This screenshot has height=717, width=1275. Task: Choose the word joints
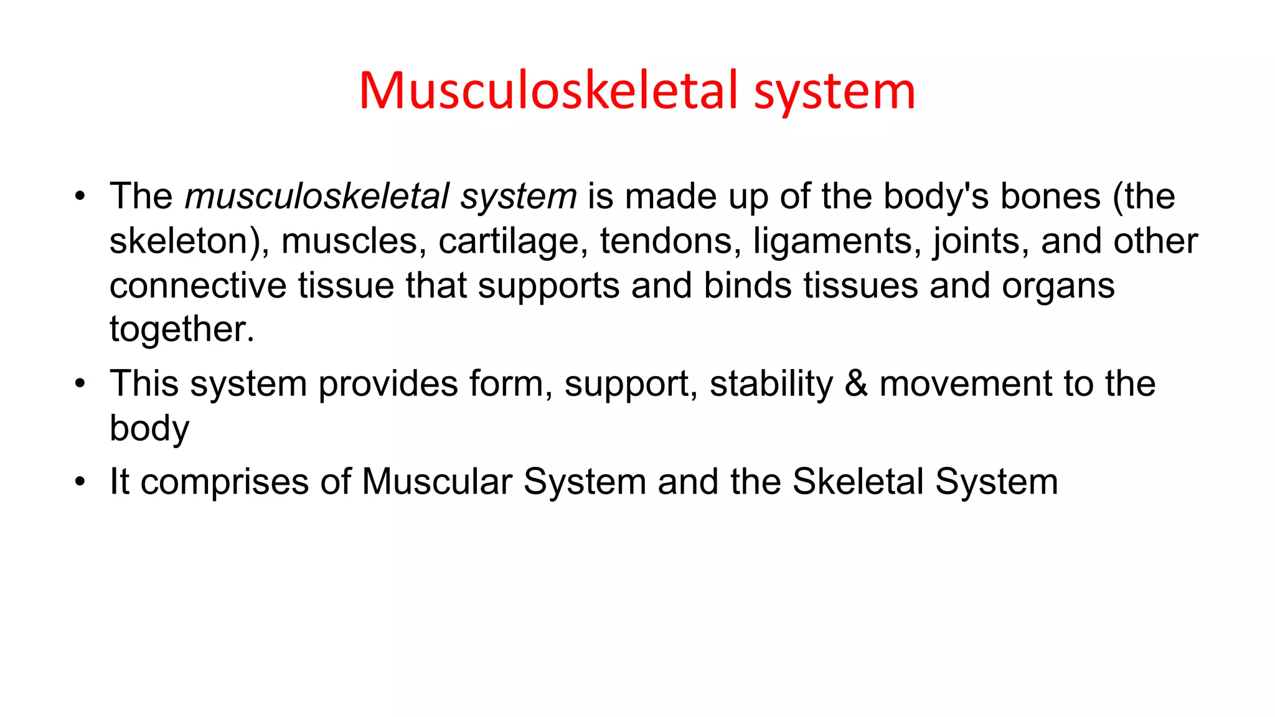(x=981, y=241)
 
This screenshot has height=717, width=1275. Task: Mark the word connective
(x=198, y=286)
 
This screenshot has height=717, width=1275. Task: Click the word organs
(x=1058, y=286)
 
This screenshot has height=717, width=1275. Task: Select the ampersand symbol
(x=856, y=383)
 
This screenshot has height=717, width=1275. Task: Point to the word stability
(x=771, y=384)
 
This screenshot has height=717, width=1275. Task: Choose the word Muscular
(x=437, y=482)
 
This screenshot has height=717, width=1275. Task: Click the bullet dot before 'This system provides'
(x=80, y=383)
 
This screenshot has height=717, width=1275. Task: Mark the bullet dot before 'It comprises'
(x=80, y=482)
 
